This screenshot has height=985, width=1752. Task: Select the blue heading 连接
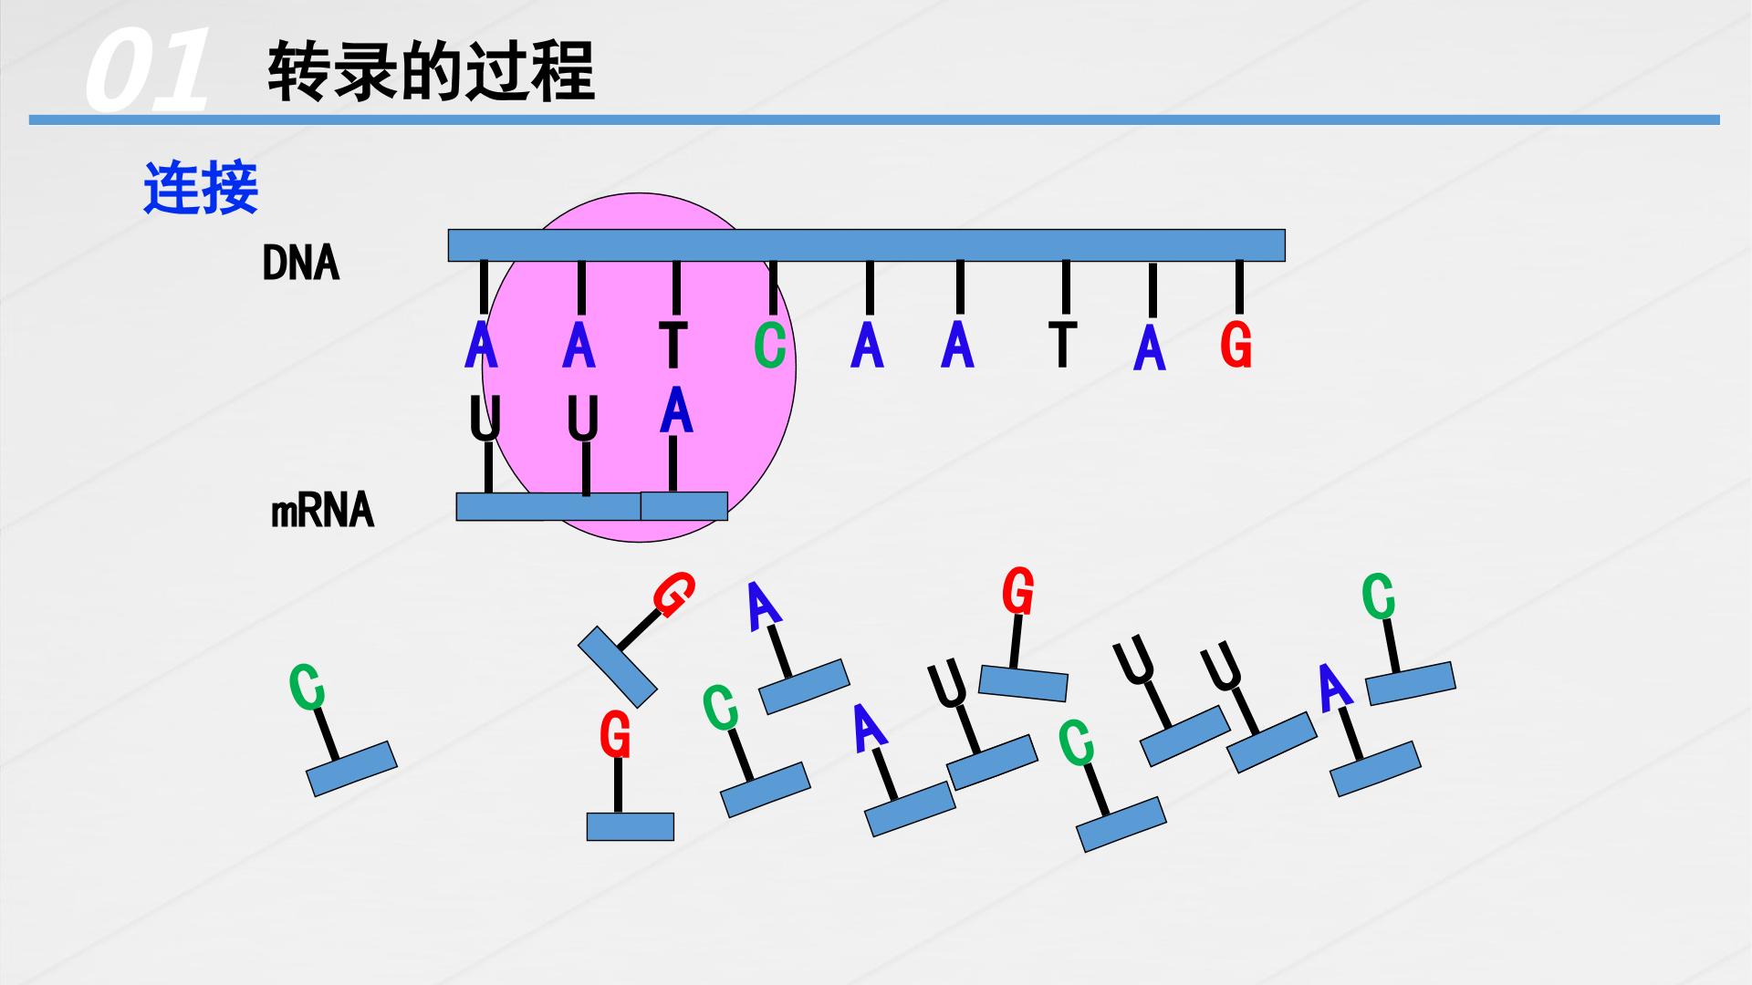click(x=201, y=188)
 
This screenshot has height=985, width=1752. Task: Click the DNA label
click(x=300, y=264)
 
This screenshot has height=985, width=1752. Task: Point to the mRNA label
click(x=323, y=511)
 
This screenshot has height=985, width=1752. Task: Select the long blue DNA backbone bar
click(x=866, y=245)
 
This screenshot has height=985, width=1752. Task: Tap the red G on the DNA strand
click(x=1236, y=346)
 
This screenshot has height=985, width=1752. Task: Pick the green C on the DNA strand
click(x=770, y=346)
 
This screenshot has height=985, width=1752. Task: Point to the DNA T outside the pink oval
click(x=1061, y=344)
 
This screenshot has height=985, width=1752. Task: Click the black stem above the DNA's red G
click(x=1239, y=286)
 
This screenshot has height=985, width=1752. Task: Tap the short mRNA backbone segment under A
click(x=683, y=506)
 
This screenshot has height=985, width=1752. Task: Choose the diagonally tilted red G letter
click(x=674, y=595)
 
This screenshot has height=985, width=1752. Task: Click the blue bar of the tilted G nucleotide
click(x=618, y=667)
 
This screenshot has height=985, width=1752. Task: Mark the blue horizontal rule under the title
click(x=874, y=119)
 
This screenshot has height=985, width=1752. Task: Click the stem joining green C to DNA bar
click(x=773, y=286)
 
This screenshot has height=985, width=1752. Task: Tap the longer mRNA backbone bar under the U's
click(x=548, y=506)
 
